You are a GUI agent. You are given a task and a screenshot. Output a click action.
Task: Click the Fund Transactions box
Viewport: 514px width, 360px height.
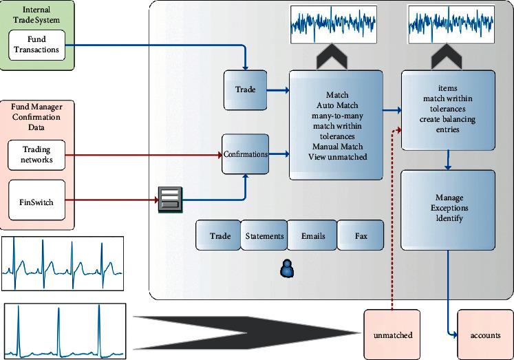coord(36,45)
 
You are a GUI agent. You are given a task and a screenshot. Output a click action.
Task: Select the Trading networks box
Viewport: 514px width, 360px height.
coord(36,155)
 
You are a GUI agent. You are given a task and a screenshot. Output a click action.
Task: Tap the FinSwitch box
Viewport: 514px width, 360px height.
coord(36,200)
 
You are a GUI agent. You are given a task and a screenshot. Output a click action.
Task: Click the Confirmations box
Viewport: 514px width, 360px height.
coord(245,154)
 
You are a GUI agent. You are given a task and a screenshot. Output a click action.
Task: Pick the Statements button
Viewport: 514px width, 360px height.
coord(264,235)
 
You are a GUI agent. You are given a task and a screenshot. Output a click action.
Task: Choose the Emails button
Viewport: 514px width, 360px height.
coord(312,235)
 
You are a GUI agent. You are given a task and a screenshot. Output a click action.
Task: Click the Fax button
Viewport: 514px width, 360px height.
coord(361,235)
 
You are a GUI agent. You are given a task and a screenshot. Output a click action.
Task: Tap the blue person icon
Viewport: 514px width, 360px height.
coord(287,268)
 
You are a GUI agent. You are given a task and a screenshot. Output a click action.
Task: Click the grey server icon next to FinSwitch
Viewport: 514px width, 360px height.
coord(170,200)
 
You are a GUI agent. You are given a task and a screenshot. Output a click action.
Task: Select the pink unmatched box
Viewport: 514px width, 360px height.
coord(392,335)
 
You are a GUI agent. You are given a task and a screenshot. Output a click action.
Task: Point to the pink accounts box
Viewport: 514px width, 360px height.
coord(486,335)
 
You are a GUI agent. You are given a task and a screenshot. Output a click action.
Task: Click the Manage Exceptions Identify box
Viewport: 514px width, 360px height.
coord(448,210)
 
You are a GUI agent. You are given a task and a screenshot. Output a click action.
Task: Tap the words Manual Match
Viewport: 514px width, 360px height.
coord(337,146)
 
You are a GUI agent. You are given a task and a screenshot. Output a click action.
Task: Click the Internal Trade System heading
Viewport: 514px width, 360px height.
coord(36,14)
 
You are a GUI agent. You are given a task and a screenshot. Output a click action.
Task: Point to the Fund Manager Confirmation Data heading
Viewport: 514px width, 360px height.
coord(36,117)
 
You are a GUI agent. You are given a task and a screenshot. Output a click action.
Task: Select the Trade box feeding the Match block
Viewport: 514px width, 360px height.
coord(245,90)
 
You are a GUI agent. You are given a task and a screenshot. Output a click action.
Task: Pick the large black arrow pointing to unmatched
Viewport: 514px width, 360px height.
coord(246,333)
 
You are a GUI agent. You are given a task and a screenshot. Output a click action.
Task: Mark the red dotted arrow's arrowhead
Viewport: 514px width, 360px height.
coord(398,130)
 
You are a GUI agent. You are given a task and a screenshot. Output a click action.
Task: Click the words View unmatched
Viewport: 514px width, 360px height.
coord(337,157)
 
